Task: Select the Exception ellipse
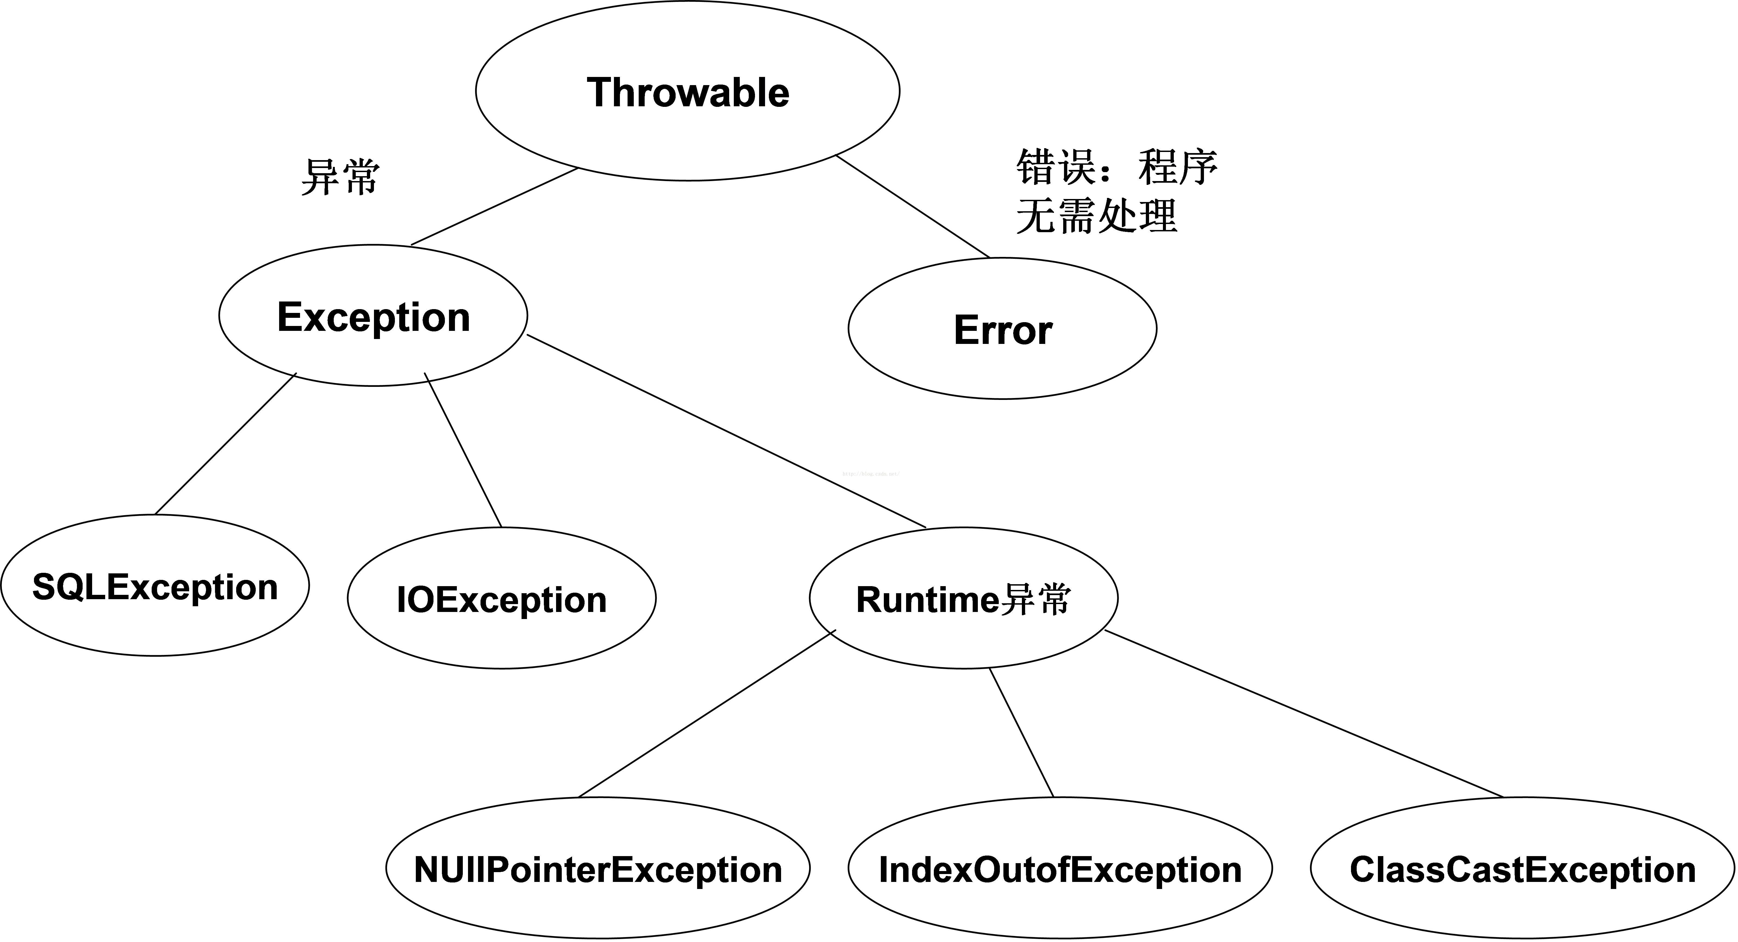[x=373, y=316]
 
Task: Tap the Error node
[x=1003, y=329]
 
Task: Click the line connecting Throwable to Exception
[x=495, y=207]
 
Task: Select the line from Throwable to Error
[x=913, y=207]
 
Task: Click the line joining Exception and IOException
[x=463, y=450]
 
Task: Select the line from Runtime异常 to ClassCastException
[x=1304, y=714]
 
